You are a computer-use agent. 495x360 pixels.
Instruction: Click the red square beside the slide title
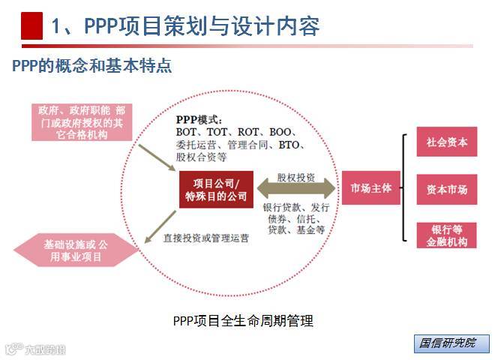pyautogui.click(x=31, y=26)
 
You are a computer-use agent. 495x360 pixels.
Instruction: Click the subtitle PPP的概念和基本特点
pyautogui.click(x=91, y=66)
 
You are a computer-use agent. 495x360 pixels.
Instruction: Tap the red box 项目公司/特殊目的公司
pyautogui.click(x=216, y=189)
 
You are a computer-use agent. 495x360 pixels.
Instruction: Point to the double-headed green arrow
pyautogui.click(x=295, y=189)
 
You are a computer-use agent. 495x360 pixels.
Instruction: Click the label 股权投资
pyautogui.click(x=295, y=178)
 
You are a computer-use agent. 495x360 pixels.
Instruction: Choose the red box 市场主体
pyautogui.click(x=371, y=188)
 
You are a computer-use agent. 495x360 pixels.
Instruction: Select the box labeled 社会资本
pyautogui.click(x=447, y=142)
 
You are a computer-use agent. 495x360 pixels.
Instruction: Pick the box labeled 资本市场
pyautogui.click(x=447, y=189)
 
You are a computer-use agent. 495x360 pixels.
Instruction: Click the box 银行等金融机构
pyautogui.click(x=447, y=235)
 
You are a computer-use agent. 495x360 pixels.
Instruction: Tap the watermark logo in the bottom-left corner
pyautogui.click(x=35, y=348)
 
